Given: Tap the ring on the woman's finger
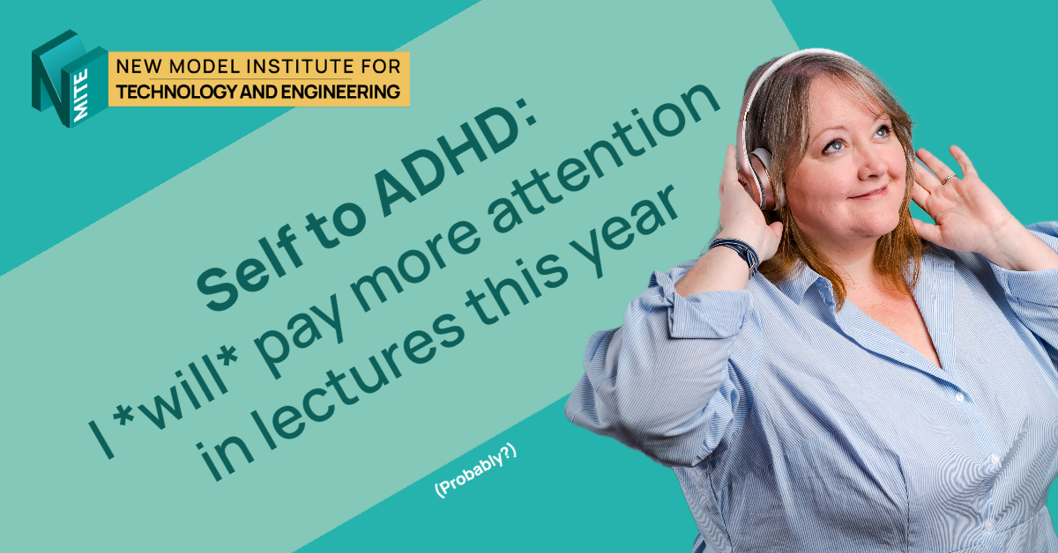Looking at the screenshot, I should point(947,178).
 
